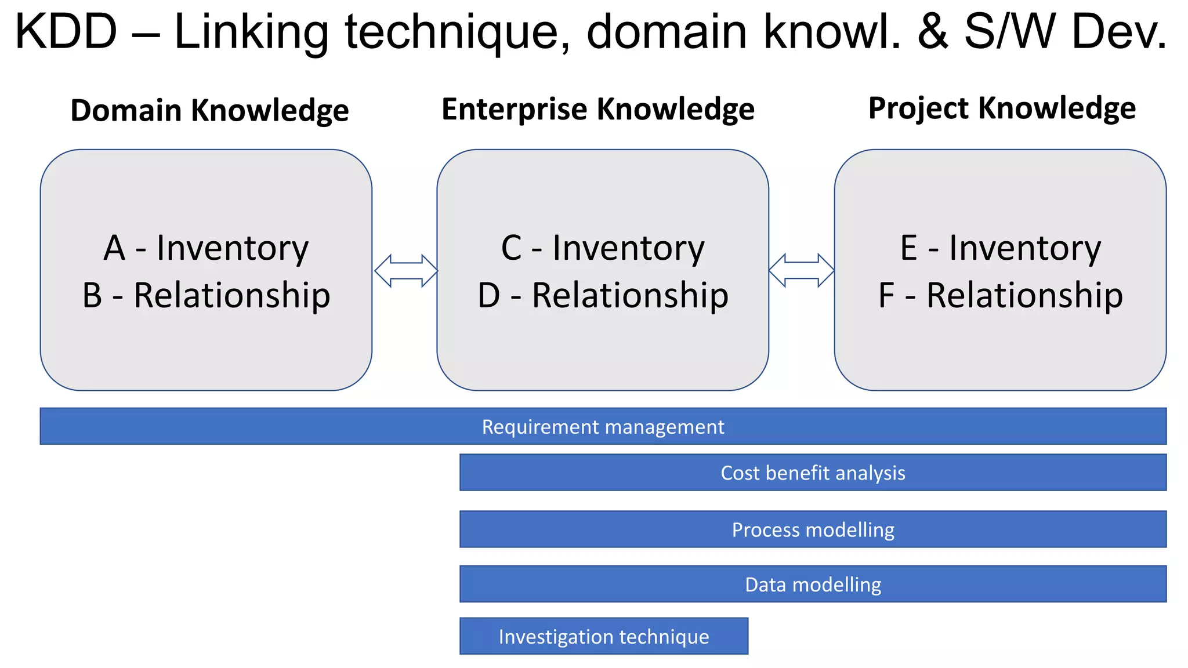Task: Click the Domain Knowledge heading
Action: click(209, 110)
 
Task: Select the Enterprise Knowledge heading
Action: click(597, 109)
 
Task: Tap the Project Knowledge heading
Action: click(1002, 108)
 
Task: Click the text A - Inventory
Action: click(206, 248)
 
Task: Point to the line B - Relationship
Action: click(206, 295)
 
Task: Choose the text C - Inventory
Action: click(603, 248)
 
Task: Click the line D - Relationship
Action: click(603, 295)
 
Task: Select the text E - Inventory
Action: click(1000, 248)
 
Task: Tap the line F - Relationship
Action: click(1000, 295)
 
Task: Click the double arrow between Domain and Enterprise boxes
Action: click(405, 271)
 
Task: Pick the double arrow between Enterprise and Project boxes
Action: click(801, 270)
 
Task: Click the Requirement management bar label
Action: click(603, 427)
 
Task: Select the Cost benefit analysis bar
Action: click(813, 473)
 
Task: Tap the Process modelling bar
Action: click(813, 529)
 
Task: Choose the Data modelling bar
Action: click(813, 584)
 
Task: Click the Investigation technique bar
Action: click(603, 637)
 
